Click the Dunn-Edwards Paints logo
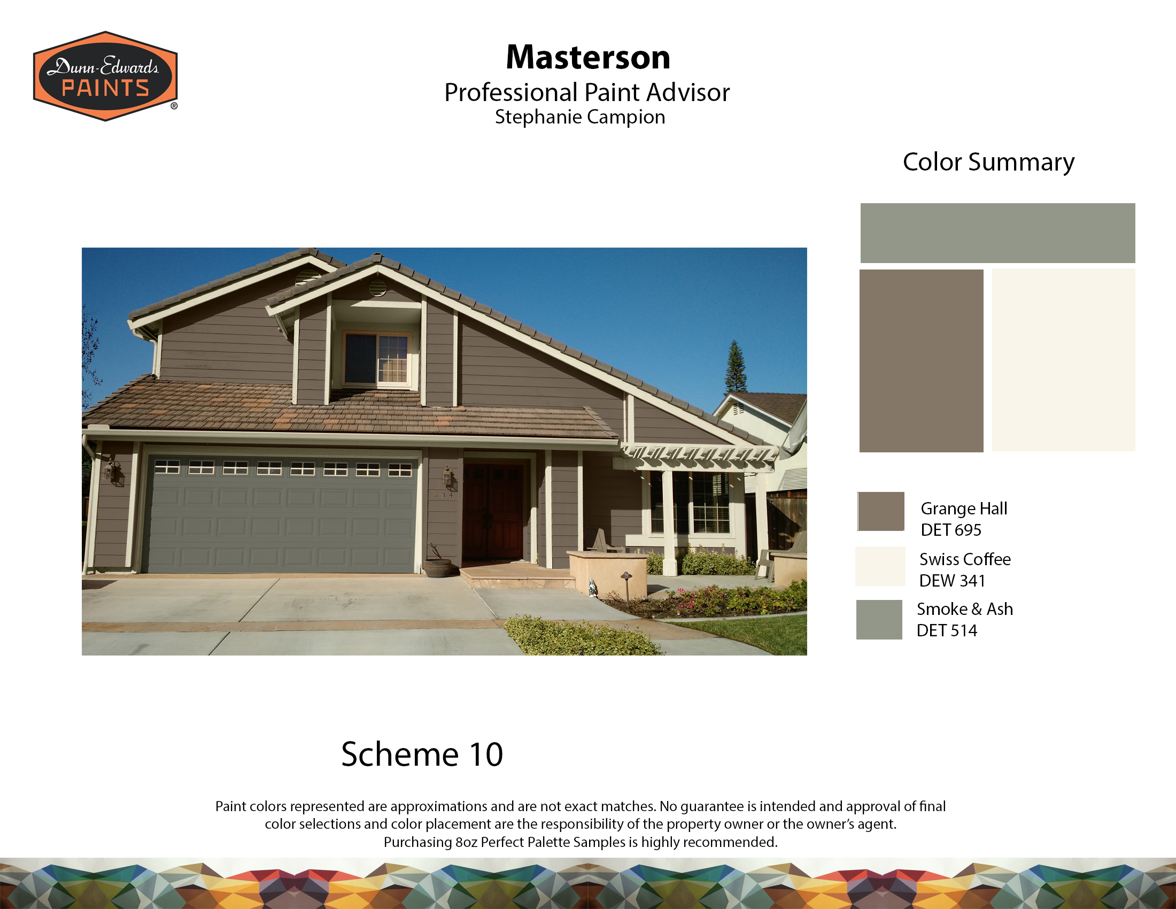[x=105, y=76]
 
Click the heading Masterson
[x=588, y=57]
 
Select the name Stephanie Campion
[x=580, y=117]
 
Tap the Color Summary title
[x=988, y=162]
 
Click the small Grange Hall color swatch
[x=881, y=511]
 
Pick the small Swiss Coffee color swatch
[x=880, y=566]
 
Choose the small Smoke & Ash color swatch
[x=879, y=619]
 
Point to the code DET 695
[x=951, y=530]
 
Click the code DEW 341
[x=952, y=581]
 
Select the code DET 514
[x=947, y=630]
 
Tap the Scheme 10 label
[x=422, y=754]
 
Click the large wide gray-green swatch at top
[x=998, y=233]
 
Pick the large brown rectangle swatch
[x=922, y=361]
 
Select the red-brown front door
[x=493, y=512]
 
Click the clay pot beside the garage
[x=438, y=567]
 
